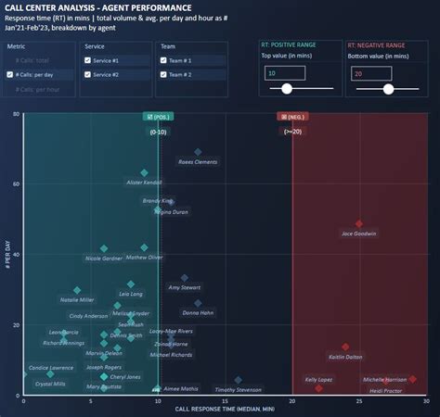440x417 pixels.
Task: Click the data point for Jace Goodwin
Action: coord(359,223)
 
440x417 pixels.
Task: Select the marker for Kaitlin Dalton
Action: coord(345,347)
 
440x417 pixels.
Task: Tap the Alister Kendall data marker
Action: coord(144,172)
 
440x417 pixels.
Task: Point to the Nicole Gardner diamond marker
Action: coord(104,248)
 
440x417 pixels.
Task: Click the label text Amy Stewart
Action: coord(184,287)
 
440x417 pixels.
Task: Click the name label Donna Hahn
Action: coord(198,313)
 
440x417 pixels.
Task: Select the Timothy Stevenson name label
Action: coord(239,390)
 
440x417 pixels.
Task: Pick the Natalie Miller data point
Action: coord(77,290)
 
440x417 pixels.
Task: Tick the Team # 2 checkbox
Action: coord(164,74)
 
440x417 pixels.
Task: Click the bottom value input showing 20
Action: coord(369,73)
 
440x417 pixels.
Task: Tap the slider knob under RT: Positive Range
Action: coord(287,89)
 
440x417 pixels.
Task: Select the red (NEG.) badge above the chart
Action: coord(291,117)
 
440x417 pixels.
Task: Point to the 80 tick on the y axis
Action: coord(16,114)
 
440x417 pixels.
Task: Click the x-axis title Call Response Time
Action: coord(225,408)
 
